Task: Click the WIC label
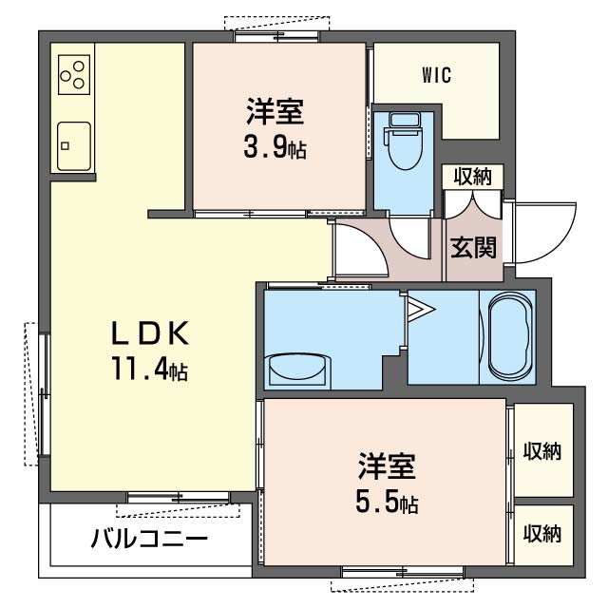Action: [x=437, y=75]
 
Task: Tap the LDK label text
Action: [x=150, y=333]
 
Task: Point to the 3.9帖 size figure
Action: [x=275, y=147]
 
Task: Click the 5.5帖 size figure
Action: [x=387, y=503]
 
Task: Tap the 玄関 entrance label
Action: [x=473, y=247]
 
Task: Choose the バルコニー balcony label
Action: [x=149, y=539]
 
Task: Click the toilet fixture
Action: [x=403, y=141]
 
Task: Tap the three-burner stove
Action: [x=74, y=74]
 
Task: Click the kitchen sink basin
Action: [x=74, y=146]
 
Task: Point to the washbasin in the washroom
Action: [x=297, y=370]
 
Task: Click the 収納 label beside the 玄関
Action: [x=473, y=177]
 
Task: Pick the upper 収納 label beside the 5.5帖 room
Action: [x=542, y=451]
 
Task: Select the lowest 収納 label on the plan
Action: [x=542, y=533]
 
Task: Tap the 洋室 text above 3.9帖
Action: [x=275, y=111]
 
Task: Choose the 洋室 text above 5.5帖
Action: [x=387, y=466]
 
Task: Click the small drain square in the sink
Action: [x=66, y=146]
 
